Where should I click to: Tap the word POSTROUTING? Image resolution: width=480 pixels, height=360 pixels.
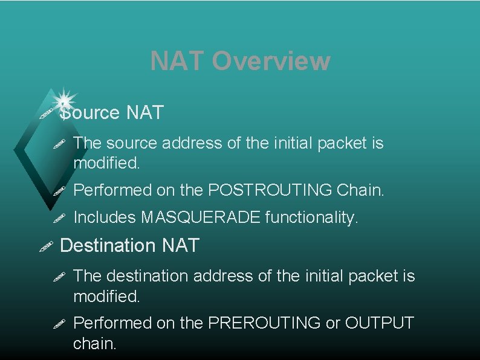[269, 190]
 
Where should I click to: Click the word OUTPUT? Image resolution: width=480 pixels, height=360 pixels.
[379, 323]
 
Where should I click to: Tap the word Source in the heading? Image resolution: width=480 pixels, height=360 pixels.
[91, 112]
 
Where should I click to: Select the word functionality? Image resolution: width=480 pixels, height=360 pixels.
[312, 217]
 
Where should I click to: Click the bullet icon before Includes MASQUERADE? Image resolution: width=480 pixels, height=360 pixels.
[59, 217]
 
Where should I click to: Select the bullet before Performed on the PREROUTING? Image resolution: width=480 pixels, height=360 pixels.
[59, 323]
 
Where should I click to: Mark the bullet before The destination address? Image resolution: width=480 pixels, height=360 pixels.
[59, 276]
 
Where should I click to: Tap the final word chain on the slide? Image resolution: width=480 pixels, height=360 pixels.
[94, 344]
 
